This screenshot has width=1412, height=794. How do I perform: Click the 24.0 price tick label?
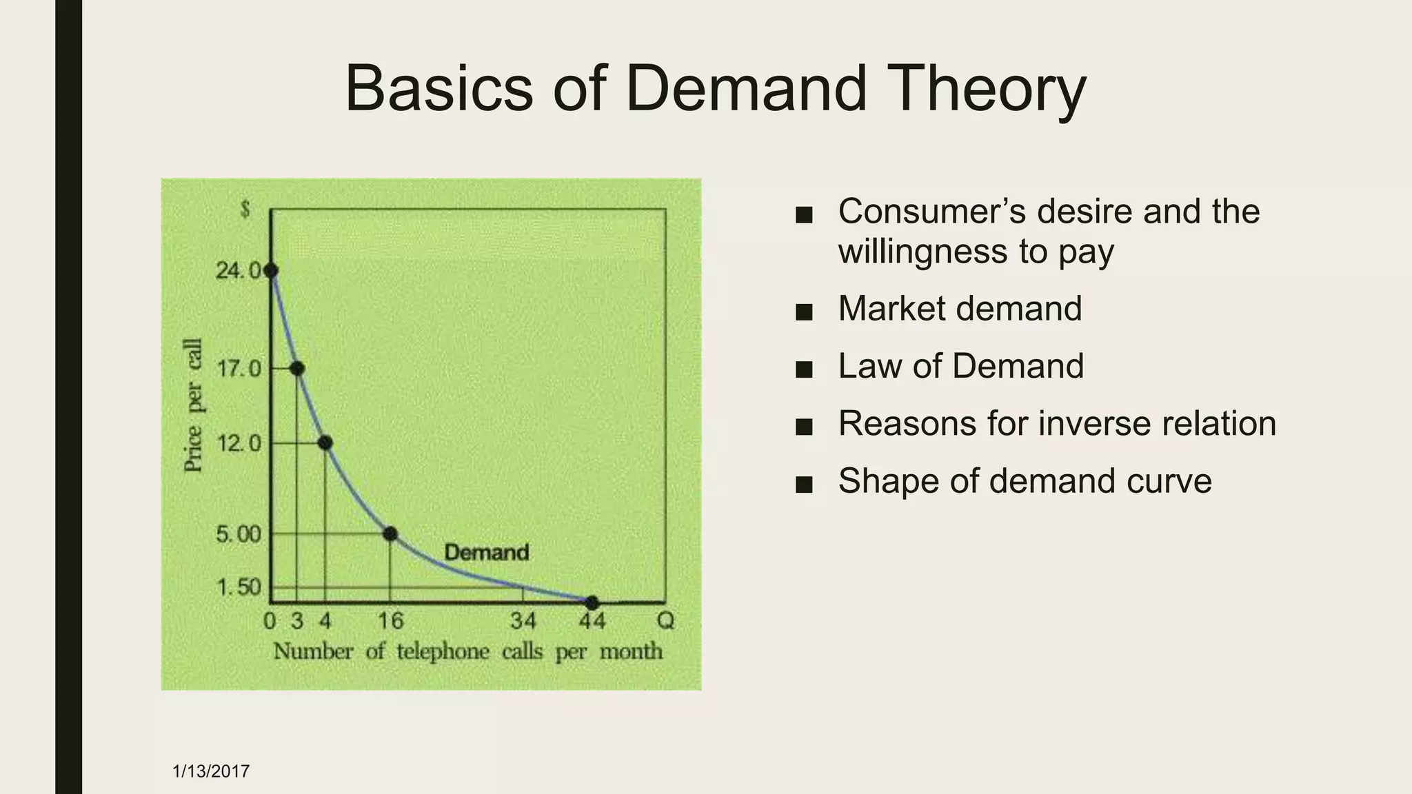point(238,270)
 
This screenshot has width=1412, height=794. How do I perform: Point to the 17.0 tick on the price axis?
point(239,369)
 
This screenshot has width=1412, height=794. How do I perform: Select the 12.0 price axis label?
point(239,442)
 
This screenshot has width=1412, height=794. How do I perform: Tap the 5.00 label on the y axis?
point(239,534)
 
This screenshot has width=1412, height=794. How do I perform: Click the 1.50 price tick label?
point(239,587)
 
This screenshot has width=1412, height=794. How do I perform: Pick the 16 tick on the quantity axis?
point(390,621)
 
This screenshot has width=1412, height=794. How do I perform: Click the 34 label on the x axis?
point(523,621)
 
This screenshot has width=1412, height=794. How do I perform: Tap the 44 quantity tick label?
point(592,621)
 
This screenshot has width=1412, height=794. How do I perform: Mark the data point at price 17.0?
point(297,369)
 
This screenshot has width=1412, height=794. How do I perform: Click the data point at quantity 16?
point(390,533)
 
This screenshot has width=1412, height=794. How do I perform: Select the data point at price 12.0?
point(325,442)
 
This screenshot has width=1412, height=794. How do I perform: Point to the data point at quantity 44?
point(592,603)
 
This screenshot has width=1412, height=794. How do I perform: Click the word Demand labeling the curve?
point(487,552)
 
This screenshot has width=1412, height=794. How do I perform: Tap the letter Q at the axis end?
point(665,621)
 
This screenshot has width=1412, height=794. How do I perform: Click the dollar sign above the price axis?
point(245,210)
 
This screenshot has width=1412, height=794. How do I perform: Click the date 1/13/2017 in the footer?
point(211,771)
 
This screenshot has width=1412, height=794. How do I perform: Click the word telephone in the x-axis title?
point(443,651)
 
